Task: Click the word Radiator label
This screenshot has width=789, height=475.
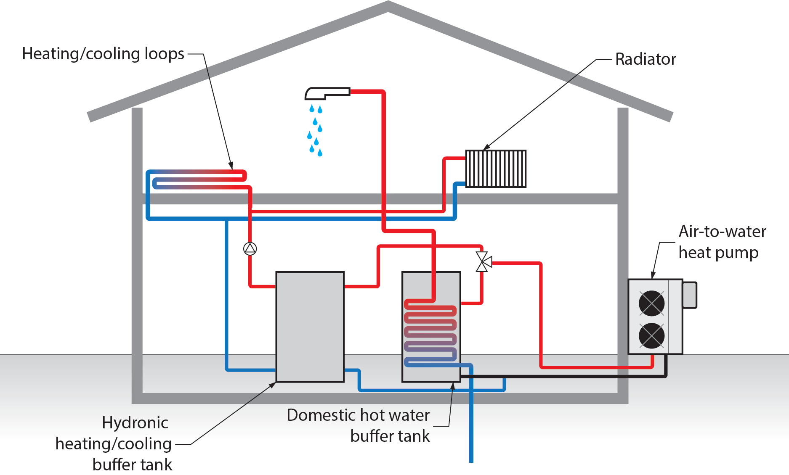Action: [645, 59]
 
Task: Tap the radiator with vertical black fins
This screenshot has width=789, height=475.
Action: [496, 169]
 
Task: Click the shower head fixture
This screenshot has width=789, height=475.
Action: [327, 93]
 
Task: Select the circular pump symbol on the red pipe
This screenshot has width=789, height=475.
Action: [250, 249]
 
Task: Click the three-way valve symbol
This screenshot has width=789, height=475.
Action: [483, 262]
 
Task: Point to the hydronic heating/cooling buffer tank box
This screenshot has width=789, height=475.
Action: [310, 327]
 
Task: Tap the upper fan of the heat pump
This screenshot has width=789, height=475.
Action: [651, 303]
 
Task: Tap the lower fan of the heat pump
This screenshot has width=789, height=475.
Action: [651, 335]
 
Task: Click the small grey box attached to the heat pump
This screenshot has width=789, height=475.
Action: [689, 295]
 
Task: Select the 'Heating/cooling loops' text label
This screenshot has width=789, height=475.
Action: [103, 54]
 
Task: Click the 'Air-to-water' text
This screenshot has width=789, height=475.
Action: [722, 232]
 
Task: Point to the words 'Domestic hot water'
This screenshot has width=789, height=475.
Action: [358, 415]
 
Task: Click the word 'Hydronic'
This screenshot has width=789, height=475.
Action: [135, 423]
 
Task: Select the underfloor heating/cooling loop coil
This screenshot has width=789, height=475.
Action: [198, 179]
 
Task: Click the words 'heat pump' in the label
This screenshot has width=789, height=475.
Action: [718, 253]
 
